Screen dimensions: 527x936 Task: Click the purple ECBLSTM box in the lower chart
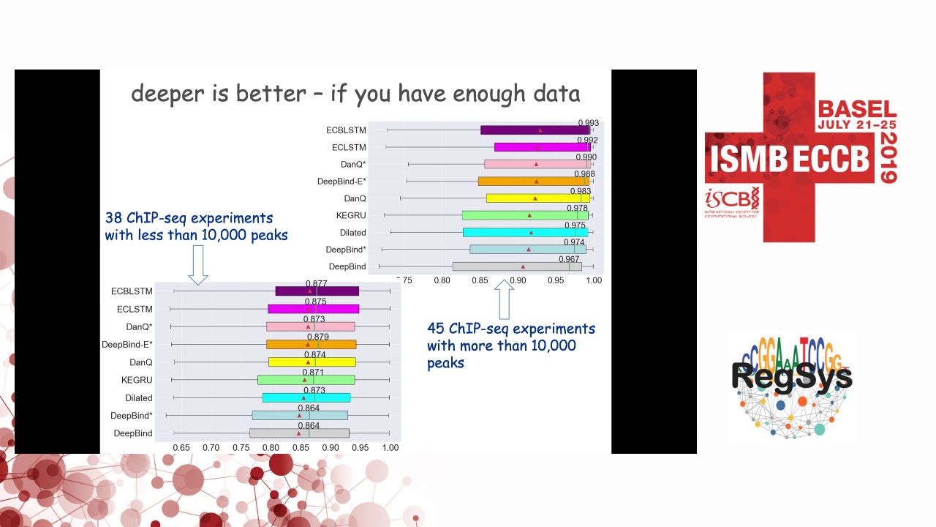point(317,291)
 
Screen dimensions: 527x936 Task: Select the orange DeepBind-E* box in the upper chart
point(533,182)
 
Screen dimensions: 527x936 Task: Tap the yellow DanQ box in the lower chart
point(312,362)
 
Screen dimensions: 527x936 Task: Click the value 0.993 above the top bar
point(588,124)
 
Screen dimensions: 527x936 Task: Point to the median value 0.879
point(318,337)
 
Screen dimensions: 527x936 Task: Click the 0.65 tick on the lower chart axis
point(181,447)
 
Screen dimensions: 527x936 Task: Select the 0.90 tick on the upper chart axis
point(518,280)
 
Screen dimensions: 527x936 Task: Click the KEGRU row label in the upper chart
point(351,216)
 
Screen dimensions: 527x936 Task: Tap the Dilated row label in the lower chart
point(138,398)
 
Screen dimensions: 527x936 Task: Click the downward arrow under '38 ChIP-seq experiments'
point(198,265)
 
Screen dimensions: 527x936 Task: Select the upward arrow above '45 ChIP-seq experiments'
point(504,298)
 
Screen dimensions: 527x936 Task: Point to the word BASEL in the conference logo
point(856,110)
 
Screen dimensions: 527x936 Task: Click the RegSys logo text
point(791,376)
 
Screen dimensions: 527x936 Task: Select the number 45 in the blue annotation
point(436,329)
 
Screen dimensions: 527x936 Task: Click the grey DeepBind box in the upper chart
point(516,267)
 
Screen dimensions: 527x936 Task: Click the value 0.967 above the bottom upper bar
point(569,260)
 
